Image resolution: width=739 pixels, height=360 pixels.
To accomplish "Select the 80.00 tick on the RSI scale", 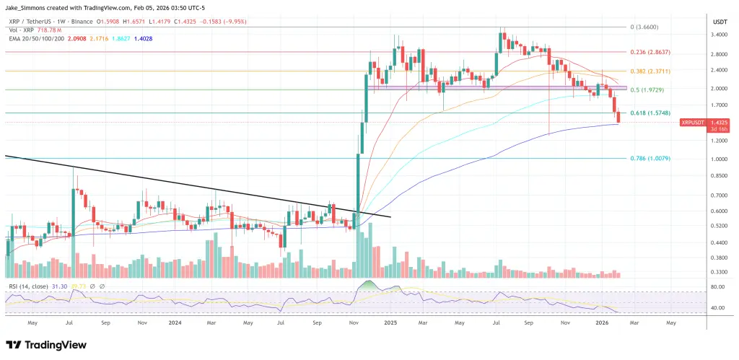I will [719, 287].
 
